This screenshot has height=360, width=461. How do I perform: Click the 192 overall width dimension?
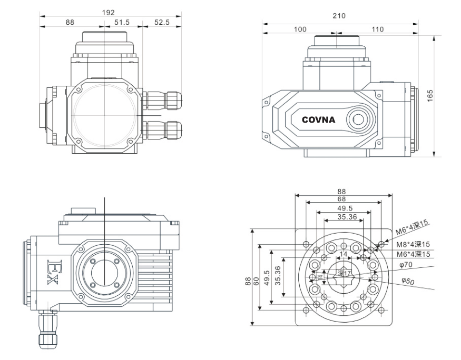click(x=110, y=12)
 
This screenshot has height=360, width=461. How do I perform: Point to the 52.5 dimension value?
click(x=161, y=23)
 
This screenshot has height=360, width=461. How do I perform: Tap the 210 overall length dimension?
click(x=339, y=16)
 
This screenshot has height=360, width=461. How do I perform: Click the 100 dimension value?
click(x=299, y=29)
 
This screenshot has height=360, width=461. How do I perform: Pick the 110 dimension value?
click(x=377, y=29)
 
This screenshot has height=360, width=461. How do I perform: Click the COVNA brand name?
click(x=322, y=119)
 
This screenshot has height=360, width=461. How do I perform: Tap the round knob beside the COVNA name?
click(x=360, y=119)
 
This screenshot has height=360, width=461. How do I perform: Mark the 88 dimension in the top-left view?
click(x=70, y=23)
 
